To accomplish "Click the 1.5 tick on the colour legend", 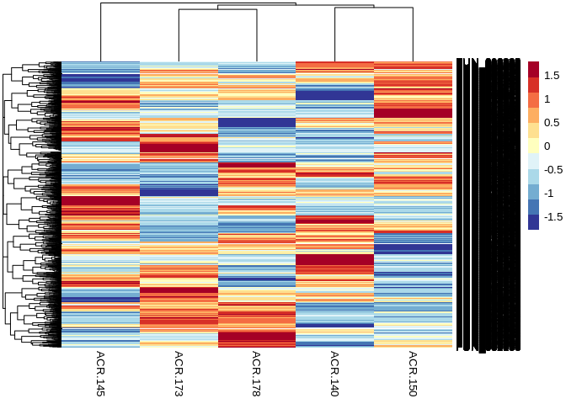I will pos(553,75).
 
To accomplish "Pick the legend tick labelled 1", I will pos(547,98).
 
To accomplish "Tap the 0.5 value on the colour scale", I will pos(553,122).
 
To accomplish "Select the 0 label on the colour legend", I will pos(547,146).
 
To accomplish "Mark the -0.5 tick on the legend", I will pos(553,169).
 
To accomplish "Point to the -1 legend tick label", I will pos(549,193).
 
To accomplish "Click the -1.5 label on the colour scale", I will pos(553,216).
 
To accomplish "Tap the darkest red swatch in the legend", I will pos(534,70).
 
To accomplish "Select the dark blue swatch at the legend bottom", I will pos(534,221).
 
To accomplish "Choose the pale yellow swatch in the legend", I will pos(534,146).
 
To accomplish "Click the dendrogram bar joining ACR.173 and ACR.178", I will pos(217,10).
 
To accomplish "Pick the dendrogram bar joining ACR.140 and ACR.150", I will pos(374,8).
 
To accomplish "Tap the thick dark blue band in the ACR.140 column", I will pos(335,95).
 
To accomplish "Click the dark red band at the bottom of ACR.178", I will pos(257,338).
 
